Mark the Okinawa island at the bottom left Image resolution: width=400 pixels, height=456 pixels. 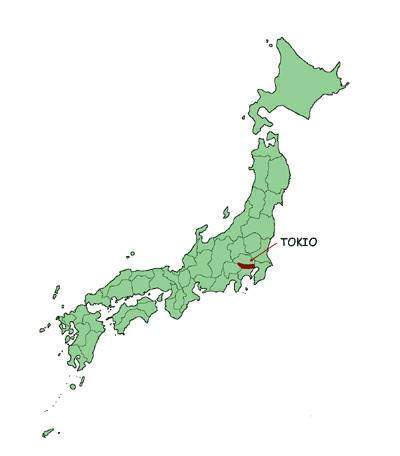pos(47,432)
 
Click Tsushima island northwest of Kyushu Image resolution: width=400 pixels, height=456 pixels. pos(56,293)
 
